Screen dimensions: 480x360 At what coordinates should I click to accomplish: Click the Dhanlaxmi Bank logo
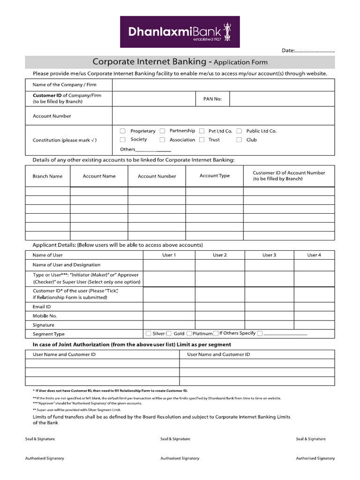180,32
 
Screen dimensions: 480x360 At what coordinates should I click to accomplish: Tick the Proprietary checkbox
123,131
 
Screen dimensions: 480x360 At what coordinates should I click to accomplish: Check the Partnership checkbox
162,131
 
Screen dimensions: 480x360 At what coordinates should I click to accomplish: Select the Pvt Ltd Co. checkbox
202,131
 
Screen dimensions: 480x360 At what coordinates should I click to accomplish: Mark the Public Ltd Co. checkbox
239,131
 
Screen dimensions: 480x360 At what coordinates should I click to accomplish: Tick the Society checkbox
123,140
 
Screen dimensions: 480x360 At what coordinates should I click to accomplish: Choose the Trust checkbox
202,140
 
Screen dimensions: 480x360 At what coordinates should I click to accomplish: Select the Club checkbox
239,140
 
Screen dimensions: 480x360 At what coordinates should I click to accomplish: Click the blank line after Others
153,150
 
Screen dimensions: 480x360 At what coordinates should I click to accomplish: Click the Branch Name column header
47,176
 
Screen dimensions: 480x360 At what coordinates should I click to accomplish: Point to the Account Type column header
215,176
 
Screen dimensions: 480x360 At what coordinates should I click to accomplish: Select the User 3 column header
269,255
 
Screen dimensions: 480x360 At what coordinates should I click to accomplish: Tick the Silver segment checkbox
149,334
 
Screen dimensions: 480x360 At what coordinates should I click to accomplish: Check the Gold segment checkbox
169,334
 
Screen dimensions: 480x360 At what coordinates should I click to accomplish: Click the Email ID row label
42,307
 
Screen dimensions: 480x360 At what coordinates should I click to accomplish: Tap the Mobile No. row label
45,316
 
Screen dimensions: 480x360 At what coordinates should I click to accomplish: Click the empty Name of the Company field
223,85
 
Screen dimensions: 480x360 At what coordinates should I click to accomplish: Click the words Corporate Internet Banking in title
149,62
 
